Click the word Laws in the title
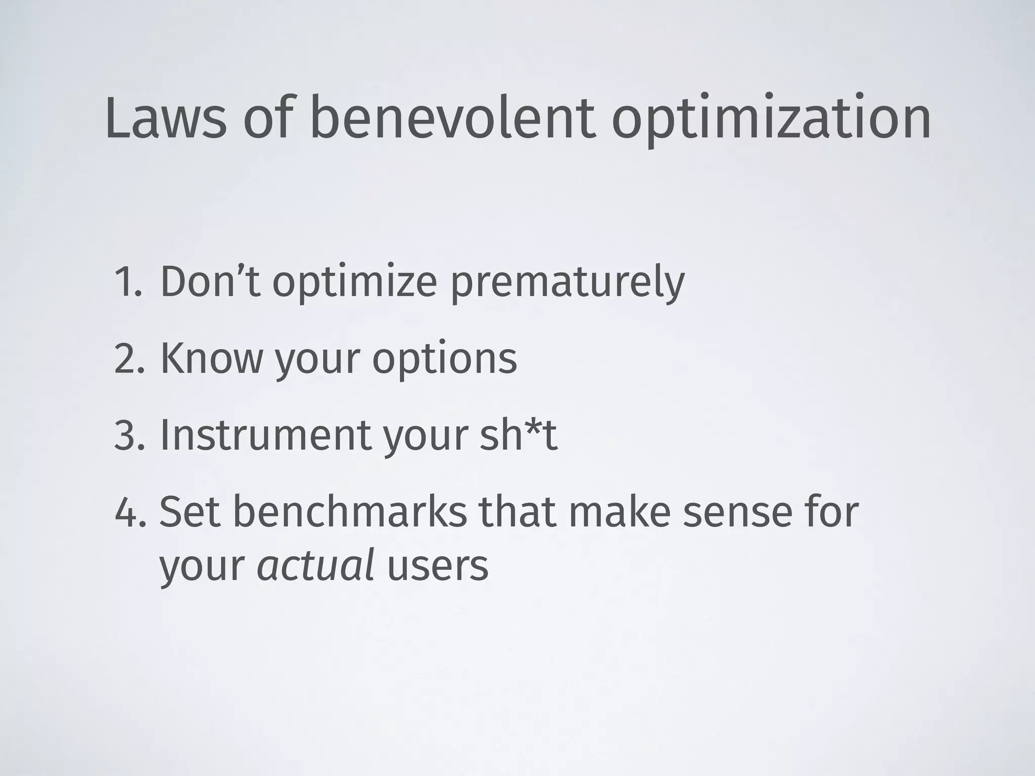tap(166, 119)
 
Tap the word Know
tap(211, 358)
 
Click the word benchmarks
tap(349, 511)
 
